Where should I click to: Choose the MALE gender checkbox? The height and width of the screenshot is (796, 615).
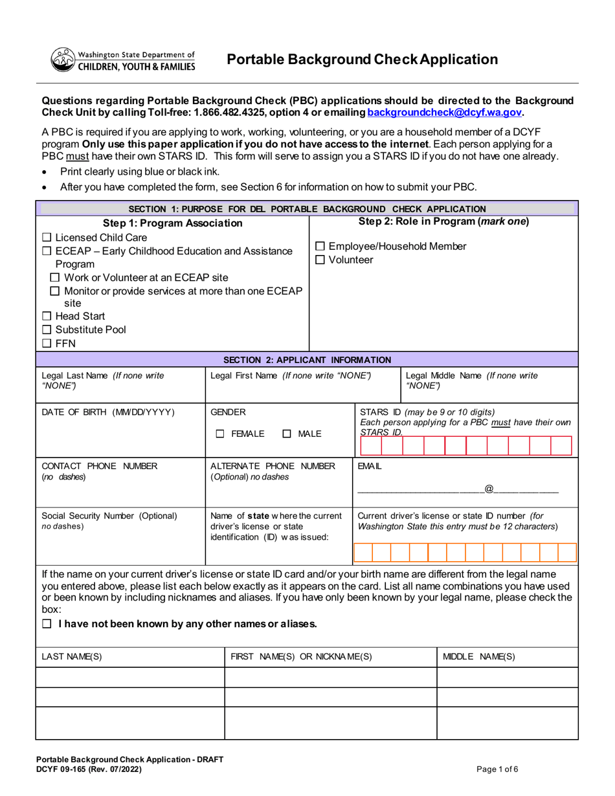[x=286, y=434]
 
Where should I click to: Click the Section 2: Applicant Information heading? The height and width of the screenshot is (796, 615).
[x=307, y=360]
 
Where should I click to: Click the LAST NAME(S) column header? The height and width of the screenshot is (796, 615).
[x=72, y=656]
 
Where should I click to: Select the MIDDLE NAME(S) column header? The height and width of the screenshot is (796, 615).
[x=478, y=656]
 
